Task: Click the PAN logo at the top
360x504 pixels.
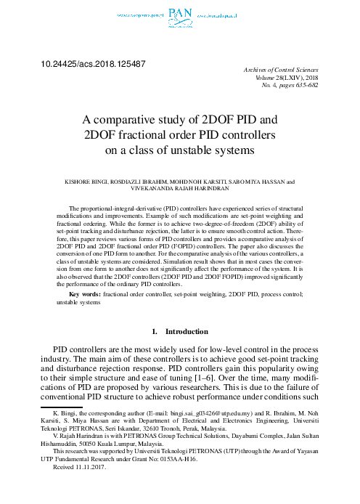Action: click(x=179, y=12)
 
